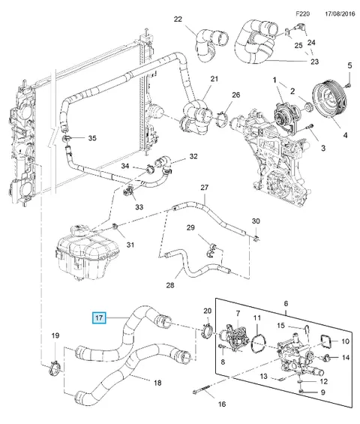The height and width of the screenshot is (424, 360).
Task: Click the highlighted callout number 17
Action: pyautogui.click(x=99, y=317)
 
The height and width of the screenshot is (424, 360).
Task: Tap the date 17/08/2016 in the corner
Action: pyautogui.click(x=340, y=14)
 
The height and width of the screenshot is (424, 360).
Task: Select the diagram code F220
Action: pyautogui.click(x=302, y=14)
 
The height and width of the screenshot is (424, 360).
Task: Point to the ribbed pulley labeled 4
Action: pyautogui.click(x=329, y=100)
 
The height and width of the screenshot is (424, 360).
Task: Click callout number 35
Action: pyautogui.click(x=92, y=138)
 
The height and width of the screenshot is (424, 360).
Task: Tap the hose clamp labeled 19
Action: pyautogui.click(x=55, y=368)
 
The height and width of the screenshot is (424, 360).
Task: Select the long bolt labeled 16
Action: pyautogui.click(x=202, y=390)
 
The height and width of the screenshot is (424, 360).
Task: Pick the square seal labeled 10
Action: pyautogui.click(x=326, y=341)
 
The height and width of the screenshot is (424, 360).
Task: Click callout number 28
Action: pyautogui.click(x=170, y=285)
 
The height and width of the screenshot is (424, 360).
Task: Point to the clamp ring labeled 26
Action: pyautogui.click(x=223, y=119)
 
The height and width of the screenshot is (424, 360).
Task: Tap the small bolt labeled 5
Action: pyautogui.click(x=348, y=86)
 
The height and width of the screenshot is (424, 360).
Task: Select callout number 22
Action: pyautogui.click(x=178, y=20)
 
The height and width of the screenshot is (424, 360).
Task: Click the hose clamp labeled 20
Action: pyautogui.click(x=208, y=330)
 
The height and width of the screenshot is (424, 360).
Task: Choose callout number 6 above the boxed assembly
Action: pyautogui.click(x=286, y=303)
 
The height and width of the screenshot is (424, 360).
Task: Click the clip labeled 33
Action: pyautogui.click(x=128, y=191)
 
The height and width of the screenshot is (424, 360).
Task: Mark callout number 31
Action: pyautogui.click(x=130, y=245)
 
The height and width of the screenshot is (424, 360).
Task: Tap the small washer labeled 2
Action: pyautogui.click(x=308, y=107)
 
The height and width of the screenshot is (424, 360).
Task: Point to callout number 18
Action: pyautogui.click(x=157, y=383)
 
